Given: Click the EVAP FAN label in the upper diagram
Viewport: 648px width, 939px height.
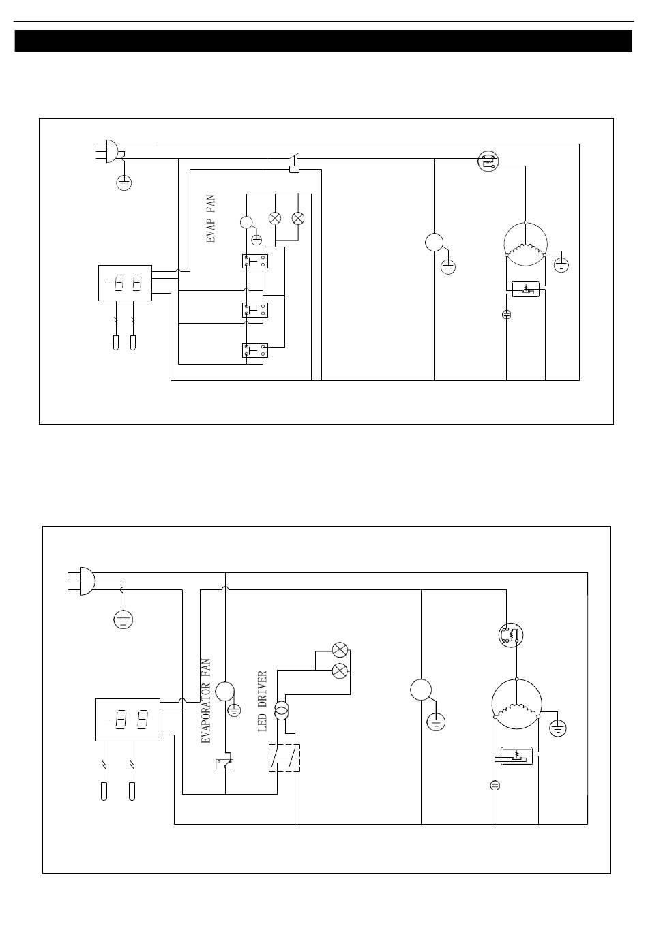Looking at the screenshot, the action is (x=211, y=219).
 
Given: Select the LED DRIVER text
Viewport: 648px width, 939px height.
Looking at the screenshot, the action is (x=263, y=701).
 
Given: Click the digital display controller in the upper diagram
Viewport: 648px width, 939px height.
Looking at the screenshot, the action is (x=125, y=283).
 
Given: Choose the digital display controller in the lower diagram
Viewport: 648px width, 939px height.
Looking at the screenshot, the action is (x=128, y=720).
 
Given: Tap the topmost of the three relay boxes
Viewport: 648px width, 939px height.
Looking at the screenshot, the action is (x=255, y=261).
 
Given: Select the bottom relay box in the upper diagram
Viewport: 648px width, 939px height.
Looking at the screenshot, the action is (x=255, y=350).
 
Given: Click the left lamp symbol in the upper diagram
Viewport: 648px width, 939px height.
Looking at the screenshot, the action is (x=275, y=218).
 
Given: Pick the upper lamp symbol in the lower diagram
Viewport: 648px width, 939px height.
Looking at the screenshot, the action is (x=340, y=650).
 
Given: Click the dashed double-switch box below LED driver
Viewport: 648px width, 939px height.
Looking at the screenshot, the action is (x=284, y=758).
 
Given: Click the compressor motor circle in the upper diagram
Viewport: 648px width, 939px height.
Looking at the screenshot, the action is (x=525, y=244).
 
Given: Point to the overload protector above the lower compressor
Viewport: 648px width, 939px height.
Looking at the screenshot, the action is (x=511, y=636).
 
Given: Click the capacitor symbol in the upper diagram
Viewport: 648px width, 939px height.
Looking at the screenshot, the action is (x=507, y=314).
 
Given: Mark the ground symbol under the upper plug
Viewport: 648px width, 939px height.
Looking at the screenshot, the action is (x=124, y=183).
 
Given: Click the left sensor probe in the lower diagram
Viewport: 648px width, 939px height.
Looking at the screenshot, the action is (x=104, y=791).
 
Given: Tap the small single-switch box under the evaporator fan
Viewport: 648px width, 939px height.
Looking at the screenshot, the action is (x=224, y=764).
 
